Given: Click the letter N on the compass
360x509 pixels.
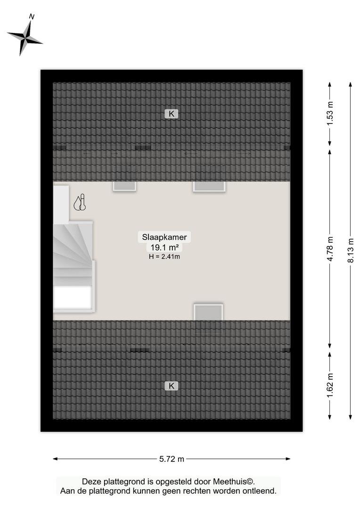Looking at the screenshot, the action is click(x=32, y=16).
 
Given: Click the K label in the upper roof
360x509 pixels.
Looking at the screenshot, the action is click(x=172, y=114).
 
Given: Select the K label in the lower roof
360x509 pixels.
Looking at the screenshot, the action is click(x=172, y=386).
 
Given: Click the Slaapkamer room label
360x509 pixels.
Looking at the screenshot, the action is click(x=164, y=237).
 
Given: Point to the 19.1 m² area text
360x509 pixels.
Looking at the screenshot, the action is click(x=164, y=247).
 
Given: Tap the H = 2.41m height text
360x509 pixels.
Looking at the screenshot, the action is click(x=164, y=257).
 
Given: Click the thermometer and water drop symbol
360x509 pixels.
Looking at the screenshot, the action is click(x=80, y=203).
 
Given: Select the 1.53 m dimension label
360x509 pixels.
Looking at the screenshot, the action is click(x=330, y=114).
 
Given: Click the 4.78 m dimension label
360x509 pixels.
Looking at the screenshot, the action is click(x=330, y=249).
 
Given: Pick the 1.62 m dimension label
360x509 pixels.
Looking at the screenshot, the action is click(x=330, y=386).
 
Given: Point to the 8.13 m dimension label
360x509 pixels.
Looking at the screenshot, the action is click(x=351, y=251).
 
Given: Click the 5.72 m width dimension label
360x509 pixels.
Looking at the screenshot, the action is click(x=172, y=459).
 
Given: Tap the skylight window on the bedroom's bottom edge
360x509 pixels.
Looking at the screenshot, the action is click(x=208, y=312).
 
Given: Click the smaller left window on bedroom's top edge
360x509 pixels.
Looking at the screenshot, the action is click(x=124, y=186).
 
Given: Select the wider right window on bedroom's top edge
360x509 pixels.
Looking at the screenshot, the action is click(x=209, y=187).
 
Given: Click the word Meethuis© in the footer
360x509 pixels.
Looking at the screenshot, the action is click(x=234, y=482).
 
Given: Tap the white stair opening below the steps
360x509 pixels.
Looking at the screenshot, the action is click(x=73, y=297).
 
